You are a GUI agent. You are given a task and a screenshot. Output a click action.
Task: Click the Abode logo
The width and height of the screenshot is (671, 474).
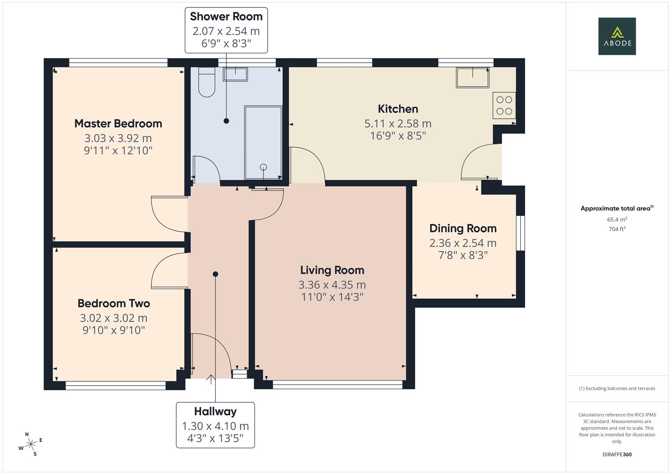coord(617,36)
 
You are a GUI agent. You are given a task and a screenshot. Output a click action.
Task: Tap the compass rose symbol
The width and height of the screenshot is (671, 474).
coord(30,444)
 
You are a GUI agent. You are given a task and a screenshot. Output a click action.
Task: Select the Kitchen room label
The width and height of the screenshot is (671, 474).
coord(398,109)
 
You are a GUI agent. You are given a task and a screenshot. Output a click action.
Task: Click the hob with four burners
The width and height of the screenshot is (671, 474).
coord(504,105)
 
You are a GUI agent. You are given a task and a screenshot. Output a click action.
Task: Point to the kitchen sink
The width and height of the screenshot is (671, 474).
coord(472,77)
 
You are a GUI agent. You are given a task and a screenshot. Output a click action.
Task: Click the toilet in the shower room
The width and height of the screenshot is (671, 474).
coord(207,82)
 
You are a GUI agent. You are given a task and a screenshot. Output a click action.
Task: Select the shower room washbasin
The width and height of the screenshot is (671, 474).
coord(235,74)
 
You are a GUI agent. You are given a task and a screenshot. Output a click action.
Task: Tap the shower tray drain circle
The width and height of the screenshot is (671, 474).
coord(263,167)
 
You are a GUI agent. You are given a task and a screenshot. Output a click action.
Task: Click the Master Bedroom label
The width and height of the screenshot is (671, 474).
coord(118,124)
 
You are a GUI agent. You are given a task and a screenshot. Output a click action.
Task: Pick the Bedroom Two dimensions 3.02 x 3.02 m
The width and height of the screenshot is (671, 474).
coord(113,318)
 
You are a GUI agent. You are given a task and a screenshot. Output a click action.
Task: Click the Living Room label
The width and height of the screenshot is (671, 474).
coord(332,270)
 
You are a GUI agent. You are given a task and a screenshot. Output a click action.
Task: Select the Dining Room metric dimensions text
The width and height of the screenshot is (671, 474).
coord(463,243)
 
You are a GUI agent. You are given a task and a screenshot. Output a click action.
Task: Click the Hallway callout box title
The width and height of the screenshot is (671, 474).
coord(215,412)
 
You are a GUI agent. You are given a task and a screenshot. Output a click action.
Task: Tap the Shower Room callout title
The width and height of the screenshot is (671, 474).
coord(226,17)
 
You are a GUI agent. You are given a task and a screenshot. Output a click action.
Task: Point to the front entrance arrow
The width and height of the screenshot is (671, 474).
coord(211,379)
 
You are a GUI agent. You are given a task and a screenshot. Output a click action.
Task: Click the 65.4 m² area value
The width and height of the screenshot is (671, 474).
coord(617,219)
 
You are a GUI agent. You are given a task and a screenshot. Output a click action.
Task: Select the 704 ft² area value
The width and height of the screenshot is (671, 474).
coord(617,229)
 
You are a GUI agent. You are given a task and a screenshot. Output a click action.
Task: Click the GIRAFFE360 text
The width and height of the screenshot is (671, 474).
coord(617,454)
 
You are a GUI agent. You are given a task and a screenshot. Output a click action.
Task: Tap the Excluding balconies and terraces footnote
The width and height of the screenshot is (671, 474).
coord(617,388)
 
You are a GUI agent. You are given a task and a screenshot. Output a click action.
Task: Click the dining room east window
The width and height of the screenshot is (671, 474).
coord(520,233)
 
